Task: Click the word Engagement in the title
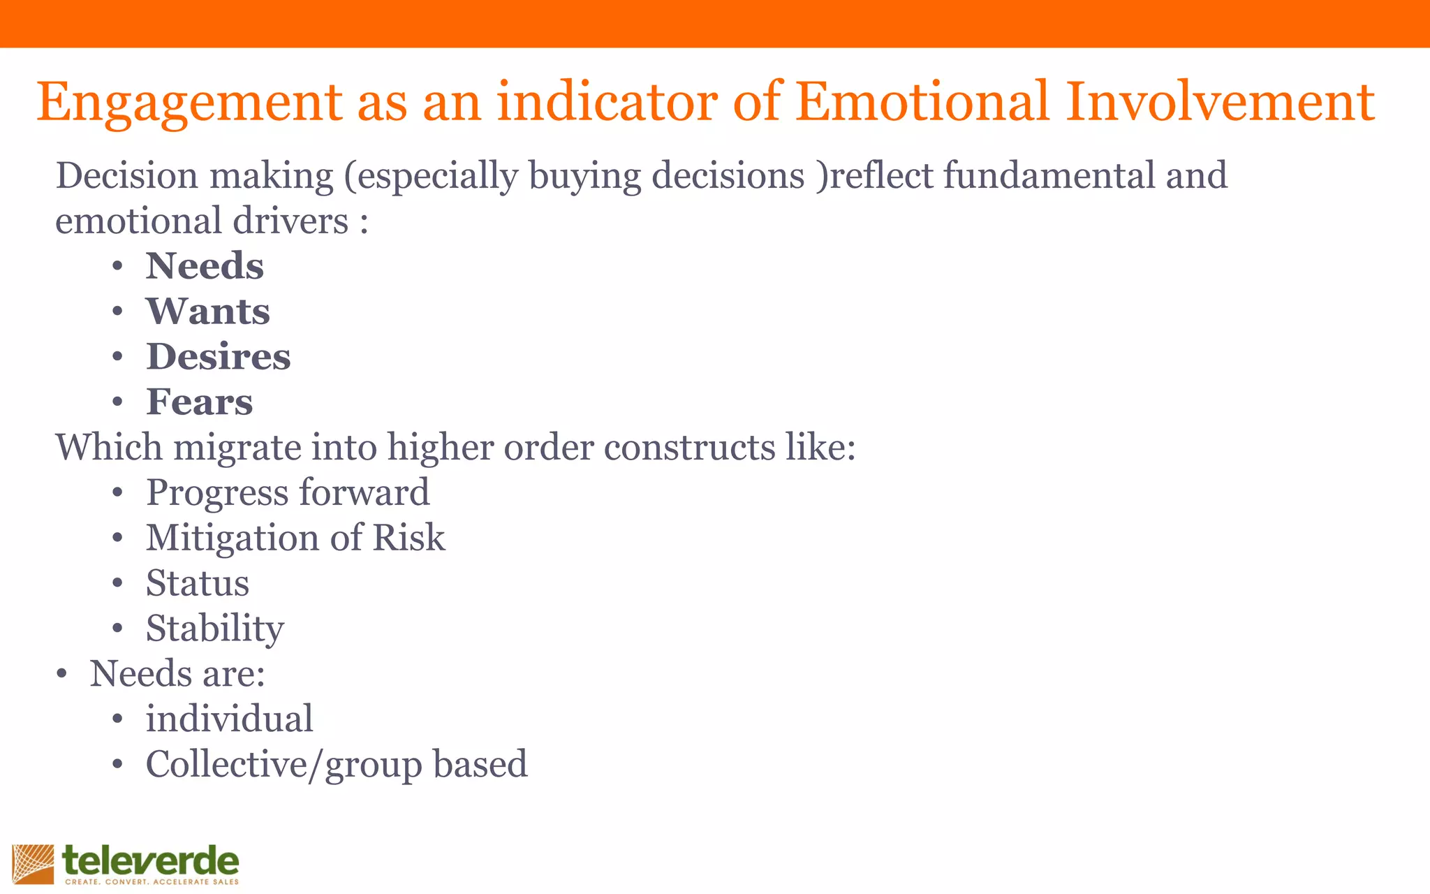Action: pos(189,103)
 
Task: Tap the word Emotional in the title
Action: pos(922,102)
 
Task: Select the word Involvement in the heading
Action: pos(1221,102)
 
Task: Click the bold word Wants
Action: pos(207,312)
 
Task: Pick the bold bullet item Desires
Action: pos(218,357)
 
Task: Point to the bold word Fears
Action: pos(199,402)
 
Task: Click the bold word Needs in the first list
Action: pos(205,266)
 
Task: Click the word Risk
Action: pos(408,538)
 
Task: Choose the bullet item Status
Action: pos(197,583)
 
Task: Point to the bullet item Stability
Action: pos(214,629)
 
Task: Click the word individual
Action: pos(229,719)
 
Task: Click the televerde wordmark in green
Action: pos(151,861)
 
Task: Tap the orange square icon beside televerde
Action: pos(33,865)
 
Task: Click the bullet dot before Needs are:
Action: pos(62,675)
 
